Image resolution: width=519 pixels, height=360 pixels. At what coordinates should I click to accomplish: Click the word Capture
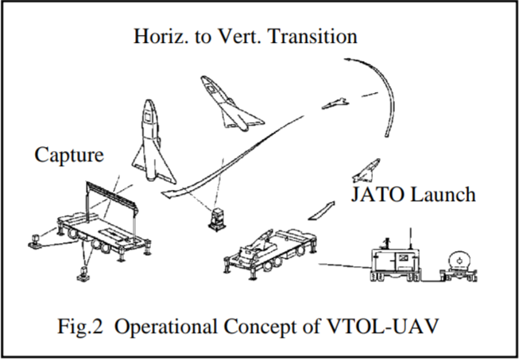click(x=68, y=154)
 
